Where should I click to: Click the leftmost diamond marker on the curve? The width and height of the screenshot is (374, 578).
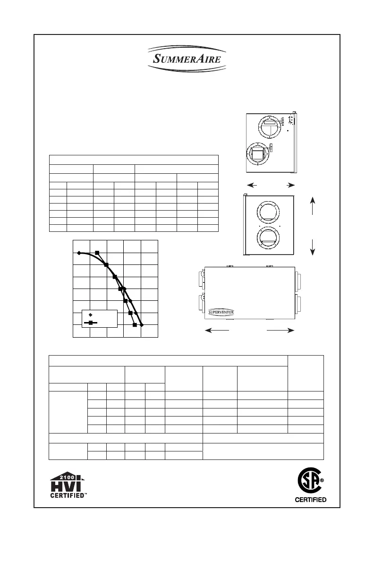[x=79, y=253]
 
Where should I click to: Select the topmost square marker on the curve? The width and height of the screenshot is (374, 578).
[x=97, y=253]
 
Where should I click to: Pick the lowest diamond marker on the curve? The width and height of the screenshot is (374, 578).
[x=141, y=325]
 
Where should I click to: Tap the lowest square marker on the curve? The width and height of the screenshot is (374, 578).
[x=135, y=325]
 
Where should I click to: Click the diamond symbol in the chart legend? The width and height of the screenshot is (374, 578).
[x=91, y=314]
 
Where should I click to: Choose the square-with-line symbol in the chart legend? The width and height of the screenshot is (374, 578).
[x=91, y=323]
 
